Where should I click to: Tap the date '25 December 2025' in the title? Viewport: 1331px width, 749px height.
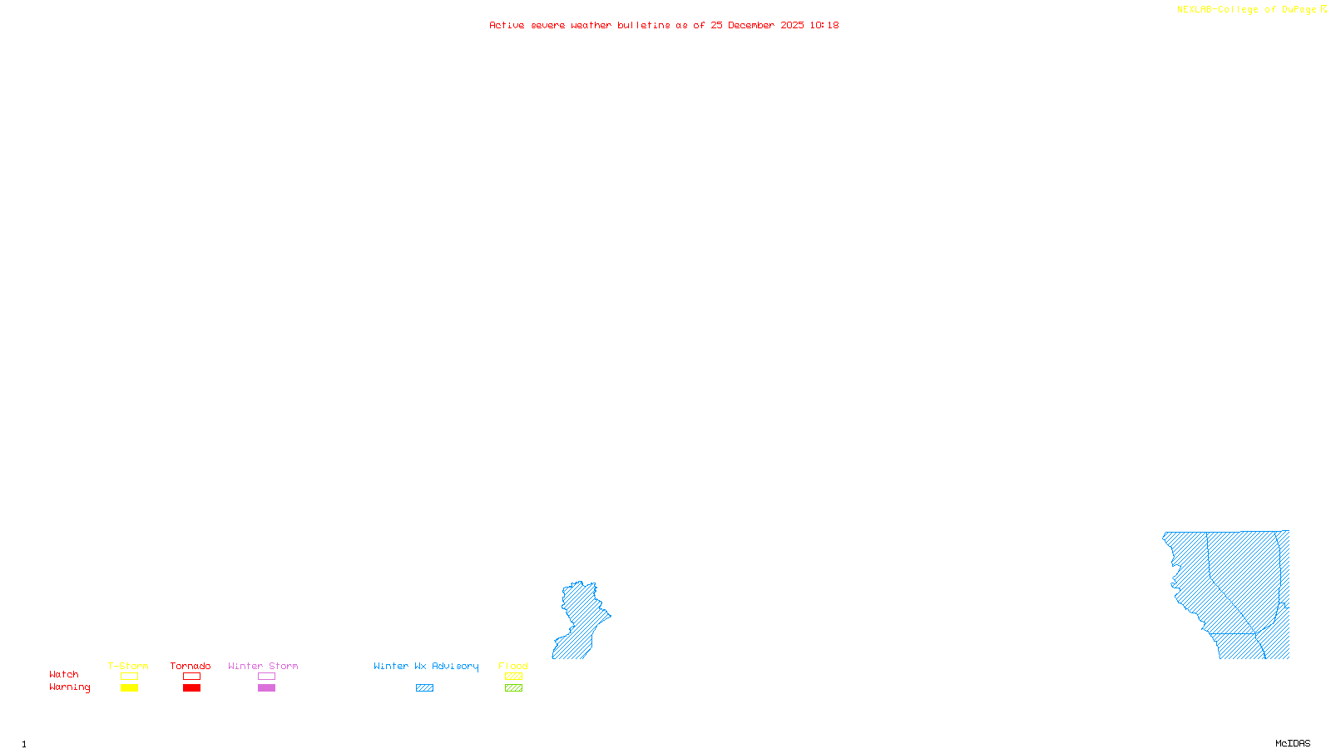[757, 26]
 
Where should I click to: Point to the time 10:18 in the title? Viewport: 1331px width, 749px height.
[824, 26]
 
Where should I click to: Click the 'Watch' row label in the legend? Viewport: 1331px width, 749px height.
[64, 675]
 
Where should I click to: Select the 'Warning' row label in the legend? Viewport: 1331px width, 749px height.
[70, 687]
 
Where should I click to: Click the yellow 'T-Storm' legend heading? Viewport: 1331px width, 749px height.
[128, 666]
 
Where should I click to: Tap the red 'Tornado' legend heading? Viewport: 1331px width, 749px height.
[190, 666]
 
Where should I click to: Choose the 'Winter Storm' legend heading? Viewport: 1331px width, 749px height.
[263, 666]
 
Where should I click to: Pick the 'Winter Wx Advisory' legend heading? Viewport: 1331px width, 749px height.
[426, 666]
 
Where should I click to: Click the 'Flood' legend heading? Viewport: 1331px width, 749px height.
[513, 666]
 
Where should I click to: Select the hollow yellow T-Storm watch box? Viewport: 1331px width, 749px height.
[129, 677]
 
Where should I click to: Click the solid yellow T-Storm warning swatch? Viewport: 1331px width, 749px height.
[129, 688]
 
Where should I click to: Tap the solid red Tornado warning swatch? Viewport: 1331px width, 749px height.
[192, 688]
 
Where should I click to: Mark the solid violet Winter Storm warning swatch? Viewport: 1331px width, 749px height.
[266, 688]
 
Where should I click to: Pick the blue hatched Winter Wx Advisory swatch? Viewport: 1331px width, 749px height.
[424, 688]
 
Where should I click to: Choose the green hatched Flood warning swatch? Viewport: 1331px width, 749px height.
[513, 688]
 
